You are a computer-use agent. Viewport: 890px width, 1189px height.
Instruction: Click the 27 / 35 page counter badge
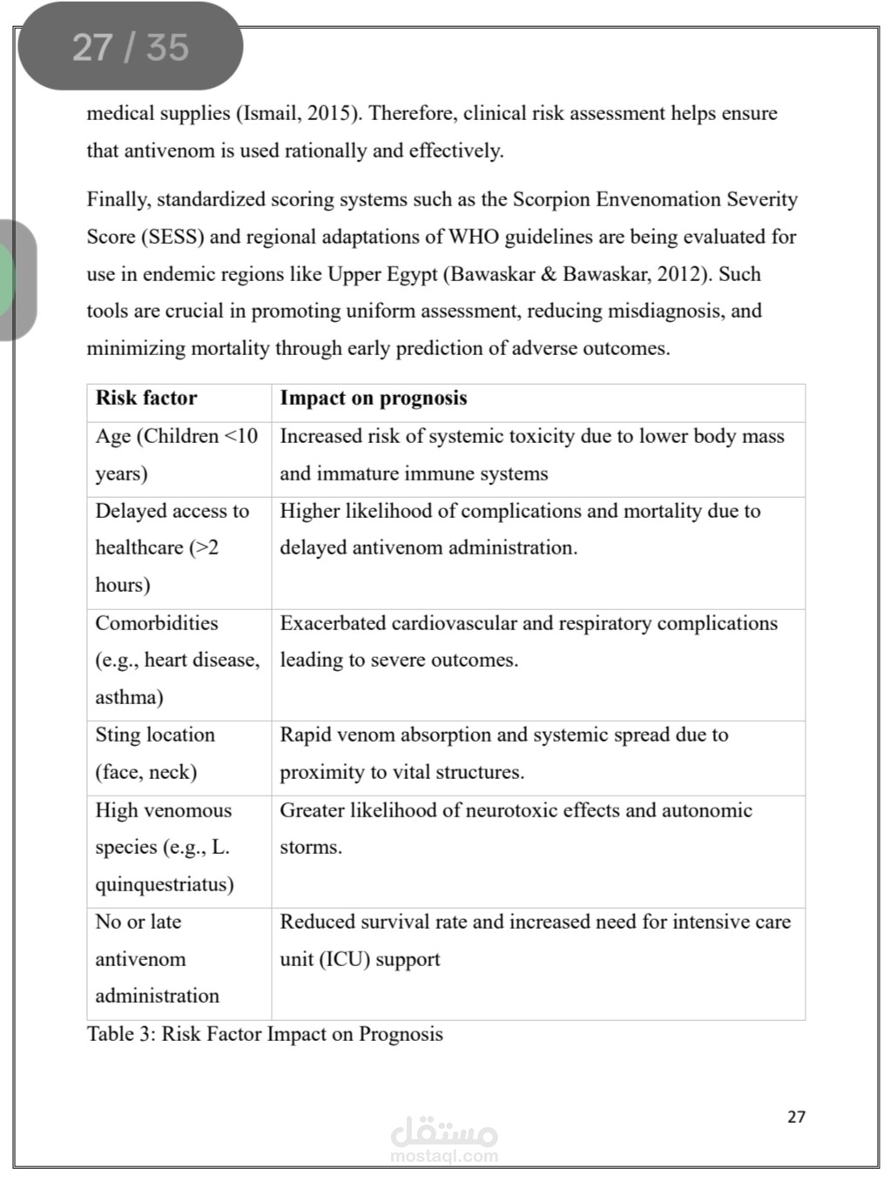pyautogui.click(x=130, y=47)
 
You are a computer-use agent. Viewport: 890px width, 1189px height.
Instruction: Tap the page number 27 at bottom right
pyautogui.click(x=796, y=1117)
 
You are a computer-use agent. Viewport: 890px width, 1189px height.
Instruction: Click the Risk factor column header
pyautogui.click(x=146, y=399)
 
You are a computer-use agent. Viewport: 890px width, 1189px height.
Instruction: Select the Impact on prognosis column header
pyautogui.click(x=373, y=399)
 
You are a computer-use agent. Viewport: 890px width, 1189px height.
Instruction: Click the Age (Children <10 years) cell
pyautogui.click(x=177, y=454)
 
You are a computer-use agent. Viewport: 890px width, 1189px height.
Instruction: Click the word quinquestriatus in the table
pyautogui.click(x=165, y=884)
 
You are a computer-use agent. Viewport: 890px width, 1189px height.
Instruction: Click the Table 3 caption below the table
pyautogui.click(x=265, y=1034)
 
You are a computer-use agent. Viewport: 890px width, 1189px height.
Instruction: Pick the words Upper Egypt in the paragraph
pyautogui.click(x=382, y=274)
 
